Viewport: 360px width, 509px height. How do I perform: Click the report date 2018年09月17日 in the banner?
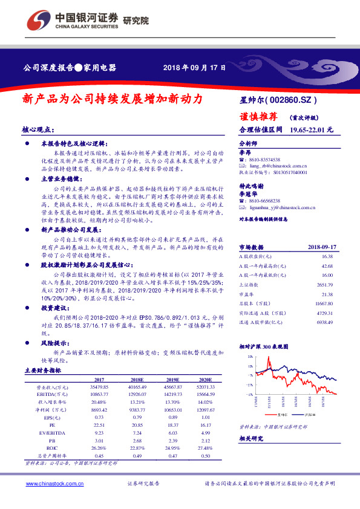[x=195, y=68]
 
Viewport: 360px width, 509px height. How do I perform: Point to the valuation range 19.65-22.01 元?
[x=312, y=130]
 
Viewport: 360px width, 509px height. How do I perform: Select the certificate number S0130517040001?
[x=287, y=172]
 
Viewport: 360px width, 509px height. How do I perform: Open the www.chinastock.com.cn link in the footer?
[x=53, y=484]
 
